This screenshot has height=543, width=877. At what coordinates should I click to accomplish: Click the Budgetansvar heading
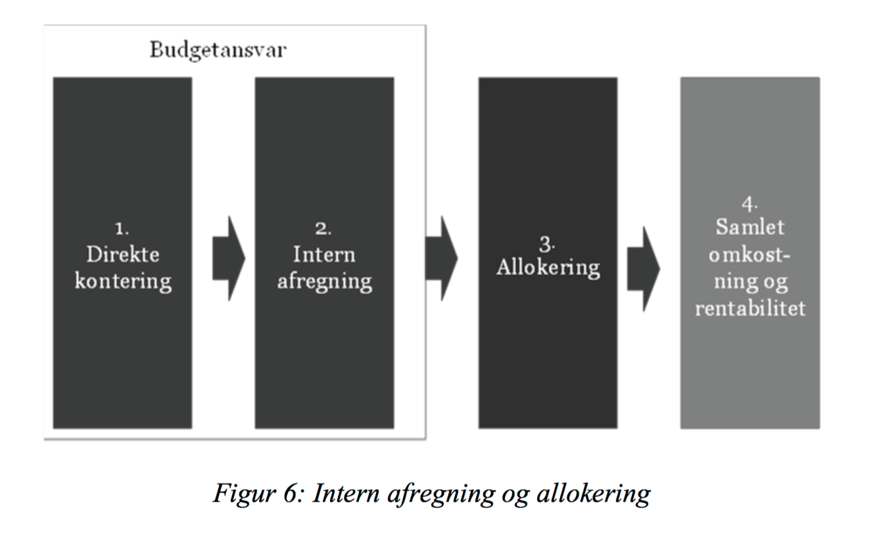click(x=218, y=51)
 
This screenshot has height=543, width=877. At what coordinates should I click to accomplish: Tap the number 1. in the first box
click(x=122, y=229)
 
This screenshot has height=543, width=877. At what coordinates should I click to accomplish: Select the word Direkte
click(x=123, y=254)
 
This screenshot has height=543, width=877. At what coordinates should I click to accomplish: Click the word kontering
click(x=123, y=282)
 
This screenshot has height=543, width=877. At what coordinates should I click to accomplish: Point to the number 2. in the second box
click(x=323, y=229)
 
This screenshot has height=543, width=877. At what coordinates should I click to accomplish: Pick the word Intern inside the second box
click(x=324, y=254)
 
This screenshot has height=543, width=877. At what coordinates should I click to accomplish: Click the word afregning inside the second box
click(x=325, y=282)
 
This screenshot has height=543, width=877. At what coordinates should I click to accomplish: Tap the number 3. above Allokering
click(x=547, y=245)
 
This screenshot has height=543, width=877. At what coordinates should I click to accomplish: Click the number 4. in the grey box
click(x=749, y=204)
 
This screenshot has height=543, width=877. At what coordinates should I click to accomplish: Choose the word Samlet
click(x=750, y=227)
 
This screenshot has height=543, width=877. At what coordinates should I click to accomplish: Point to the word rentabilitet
click(x=750, y=308)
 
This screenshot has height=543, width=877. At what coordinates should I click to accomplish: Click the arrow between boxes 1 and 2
click(x=229, y=258)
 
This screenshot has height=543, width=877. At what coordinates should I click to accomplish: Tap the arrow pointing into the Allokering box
click(x=441, y=258)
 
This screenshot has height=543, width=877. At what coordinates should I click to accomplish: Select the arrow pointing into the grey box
click(x=643, y=269)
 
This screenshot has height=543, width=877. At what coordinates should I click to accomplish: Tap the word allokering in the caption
click(x=594, y=494)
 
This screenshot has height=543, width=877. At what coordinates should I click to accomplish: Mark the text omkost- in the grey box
click(x=749, y=255)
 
